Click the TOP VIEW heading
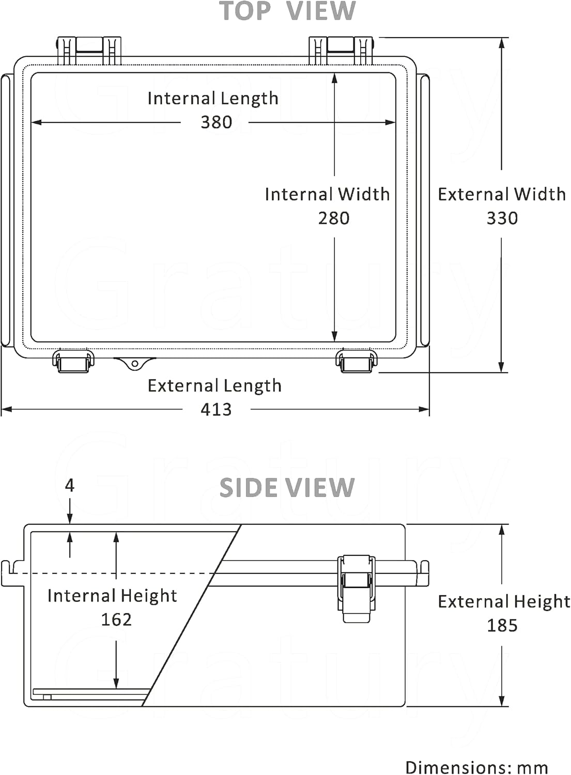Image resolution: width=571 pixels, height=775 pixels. (x=287, y=11)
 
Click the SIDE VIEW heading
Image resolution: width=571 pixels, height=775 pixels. (x=287, y=488)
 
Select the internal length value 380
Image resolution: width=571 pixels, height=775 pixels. (x=216, y=122)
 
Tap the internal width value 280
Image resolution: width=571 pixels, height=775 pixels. (x=334, y=218)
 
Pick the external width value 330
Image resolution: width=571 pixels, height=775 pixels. (x=502, y=218)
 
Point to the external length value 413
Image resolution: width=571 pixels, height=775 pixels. (x=216, y=409)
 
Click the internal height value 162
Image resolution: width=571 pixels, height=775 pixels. (x=116, y=619)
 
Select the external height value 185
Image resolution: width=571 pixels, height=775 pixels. (x=502, y=625)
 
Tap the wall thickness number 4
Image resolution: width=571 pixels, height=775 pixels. (x=70, y=485)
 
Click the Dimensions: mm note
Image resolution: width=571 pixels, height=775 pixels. (x=476, y=767)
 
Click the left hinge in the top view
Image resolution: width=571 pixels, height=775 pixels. (x=89, y=50)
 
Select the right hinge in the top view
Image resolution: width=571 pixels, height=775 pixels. (x=341, y=50)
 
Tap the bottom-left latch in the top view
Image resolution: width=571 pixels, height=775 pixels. (x=73, y=361)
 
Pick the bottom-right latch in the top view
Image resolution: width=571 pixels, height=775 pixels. (x=357, y=361)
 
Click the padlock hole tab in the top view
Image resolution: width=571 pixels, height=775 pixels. (x=134, y=363)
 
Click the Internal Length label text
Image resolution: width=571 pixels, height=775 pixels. (x=213, y=98)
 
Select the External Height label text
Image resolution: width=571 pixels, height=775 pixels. (x=504, y=601)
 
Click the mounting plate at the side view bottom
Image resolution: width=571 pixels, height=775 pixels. (x=91, y=692)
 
